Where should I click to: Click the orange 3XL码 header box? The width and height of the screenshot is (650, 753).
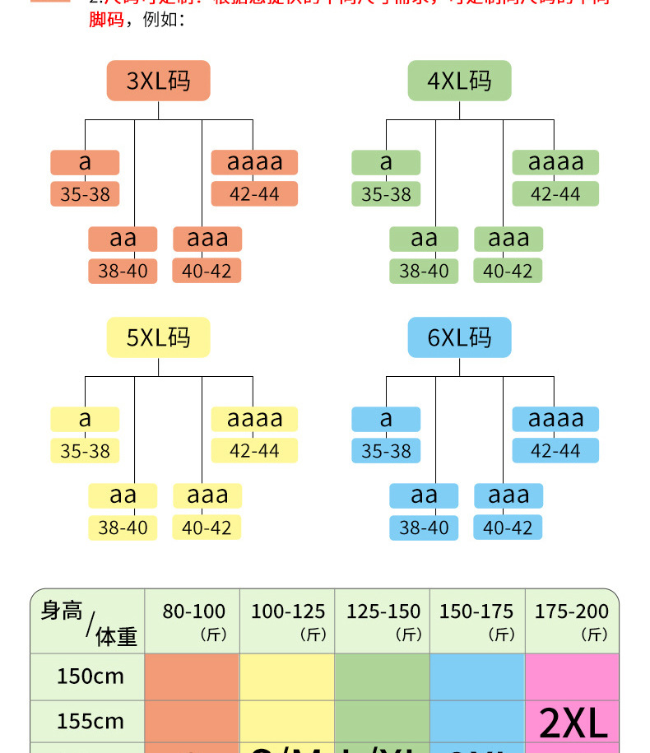coord(158,81)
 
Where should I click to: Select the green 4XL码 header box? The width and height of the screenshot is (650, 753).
coord(459,81)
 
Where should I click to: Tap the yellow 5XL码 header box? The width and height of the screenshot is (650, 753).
coord(158,337)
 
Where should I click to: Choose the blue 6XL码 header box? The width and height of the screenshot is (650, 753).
coord(459,337)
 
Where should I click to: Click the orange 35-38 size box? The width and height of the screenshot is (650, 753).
coord(85,194)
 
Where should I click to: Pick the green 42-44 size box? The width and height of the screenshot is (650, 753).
coord(555,194)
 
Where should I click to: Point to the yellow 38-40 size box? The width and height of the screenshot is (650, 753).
coord(123,528)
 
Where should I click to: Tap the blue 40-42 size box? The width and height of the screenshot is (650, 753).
coord(508,528)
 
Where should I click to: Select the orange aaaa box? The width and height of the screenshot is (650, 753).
coord(254,162)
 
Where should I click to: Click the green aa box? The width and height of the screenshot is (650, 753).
coord(424,239)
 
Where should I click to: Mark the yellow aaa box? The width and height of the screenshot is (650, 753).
coord(207,495)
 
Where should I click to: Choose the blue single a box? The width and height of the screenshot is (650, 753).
coord(386,419)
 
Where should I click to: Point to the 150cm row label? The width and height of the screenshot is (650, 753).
coord(90,676)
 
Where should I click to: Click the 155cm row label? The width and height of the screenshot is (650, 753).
coord(90,722)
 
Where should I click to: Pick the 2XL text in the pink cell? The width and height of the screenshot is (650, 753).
coord(573,723)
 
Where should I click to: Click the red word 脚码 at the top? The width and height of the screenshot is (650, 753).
coord(106,19)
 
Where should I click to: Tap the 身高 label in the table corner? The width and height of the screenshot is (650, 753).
coord(61,611)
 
